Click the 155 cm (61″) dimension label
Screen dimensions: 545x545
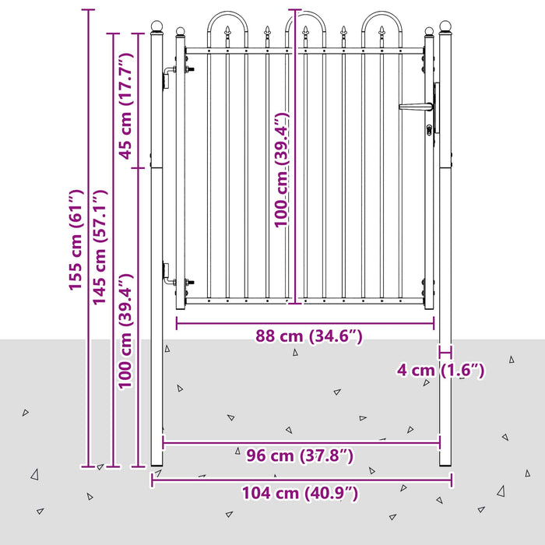click(76, 240)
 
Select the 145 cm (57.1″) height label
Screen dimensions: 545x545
click(99, 248)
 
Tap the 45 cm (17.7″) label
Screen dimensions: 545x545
click(126, 106)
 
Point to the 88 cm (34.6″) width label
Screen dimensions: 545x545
click(309, 336)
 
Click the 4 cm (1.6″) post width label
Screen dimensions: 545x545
click(441, 370)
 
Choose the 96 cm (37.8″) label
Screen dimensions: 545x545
click(300, 455)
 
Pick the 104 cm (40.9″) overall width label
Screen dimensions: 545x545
click(300, 493)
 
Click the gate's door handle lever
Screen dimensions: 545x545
click(415, 107)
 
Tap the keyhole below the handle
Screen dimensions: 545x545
click(429, 130)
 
